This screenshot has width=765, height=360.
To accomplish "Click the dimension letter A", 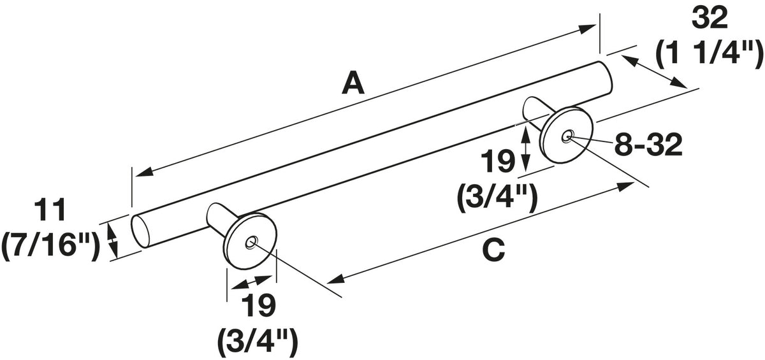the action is coord(353,82).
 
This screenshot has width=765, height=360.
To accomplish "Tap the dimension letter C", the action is coord(493,249).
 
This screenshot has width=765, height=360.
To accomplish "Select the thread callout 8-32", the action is coord(648,145).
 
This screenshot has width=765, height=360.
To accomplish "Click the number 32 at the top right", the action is coord(710,18).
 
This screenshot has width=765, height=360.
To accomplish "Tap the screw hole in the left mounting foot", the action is coord(251,243).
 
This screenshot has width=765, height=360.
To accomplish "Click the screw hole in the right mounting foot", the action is coord(567,136).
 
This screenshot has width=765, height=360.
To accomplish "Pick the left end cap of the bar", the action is coord(141,231).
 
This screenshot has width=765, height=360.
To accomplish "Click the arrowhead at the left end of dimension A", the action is coord(144,173).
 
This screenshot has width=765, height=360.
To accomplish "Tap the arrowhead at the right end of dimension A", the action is coord(586,29).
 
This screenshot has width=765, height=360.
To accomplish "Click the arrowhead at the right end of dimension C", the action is coord(625,187).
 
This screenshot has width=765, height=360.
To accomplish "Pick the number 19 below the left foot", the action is coord(258,305).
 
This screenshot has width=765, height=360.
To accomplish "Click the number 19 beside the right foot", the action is coord(498,161).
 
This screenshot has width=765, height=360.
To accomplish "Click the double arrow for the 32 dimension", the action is coord(654,72).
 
